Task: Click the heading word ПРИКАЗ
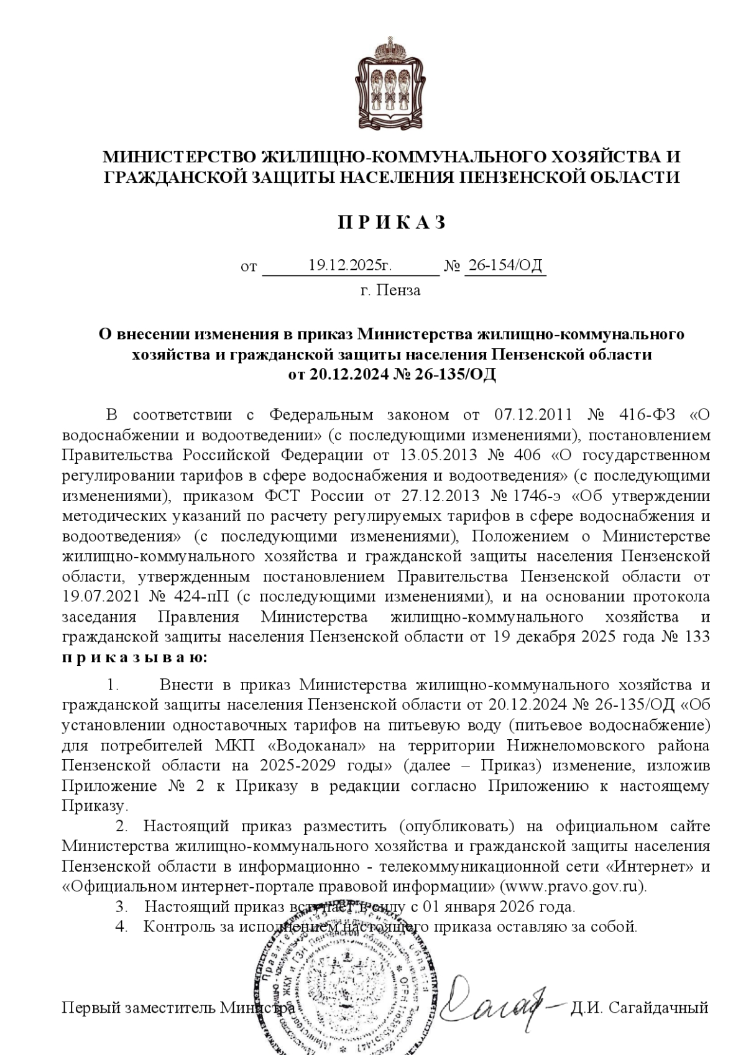[392, 223]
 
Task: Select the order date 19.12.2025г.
[350, 265]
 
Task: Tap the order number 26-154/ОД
[505, 265]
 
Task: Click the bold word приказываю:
[134, 658]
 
